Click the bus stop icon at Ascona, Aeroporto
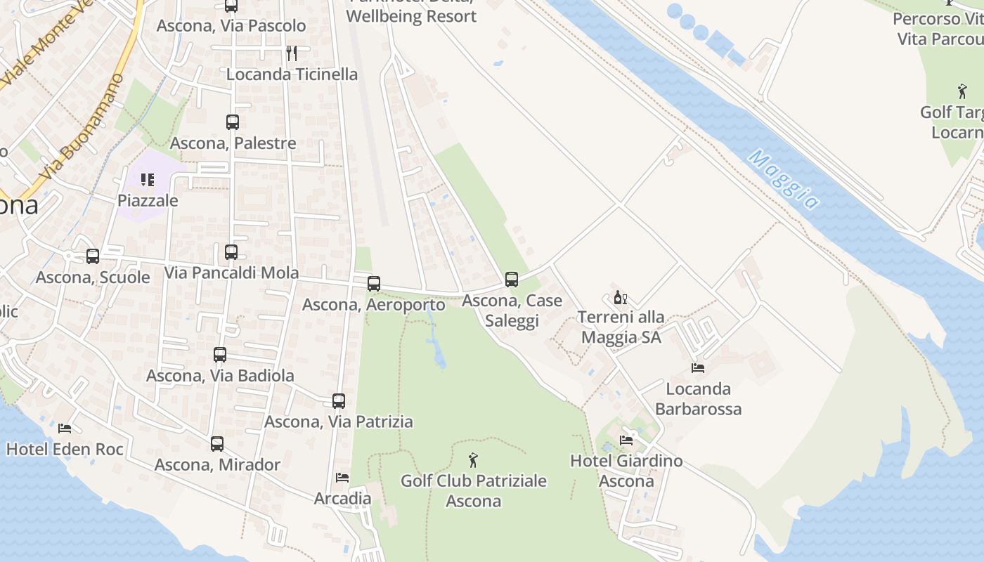pos(374,284)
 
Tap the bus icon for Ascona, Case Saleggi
pos(512,280)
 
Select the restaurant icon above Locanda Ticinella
pos(292,53)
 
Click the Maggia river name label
pos(783,179)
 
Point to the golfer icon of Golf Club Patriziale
pos(473,460)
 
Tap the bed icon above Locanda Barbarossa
pos(698,367)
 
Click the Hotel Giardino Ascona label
pos(626,471)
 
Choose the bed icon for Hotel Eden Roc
pos(65,427)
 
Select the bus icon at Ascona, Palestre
pos(233,122)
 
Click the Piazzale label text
pos(148,200)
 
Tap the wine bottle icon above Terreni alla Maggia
pos(620,298)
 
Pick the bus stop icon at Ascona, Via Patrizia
pos(339,401)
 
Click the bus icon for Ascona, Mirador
pos(217,444)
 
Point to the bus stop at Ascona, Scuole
pos(93,256)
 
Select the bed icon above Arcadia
pos(342,478)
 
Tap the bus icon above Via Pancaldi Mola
pos(231,252)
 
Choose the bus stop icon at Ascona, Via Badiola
pos(220,355)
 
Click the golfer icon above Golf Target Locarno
pos(962,91)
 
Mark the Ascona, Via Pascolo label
pos(231,26)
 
